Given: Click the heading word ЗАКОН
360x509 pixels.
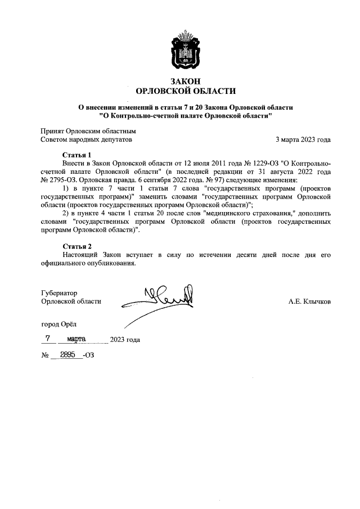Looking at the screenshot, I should pos(186,81).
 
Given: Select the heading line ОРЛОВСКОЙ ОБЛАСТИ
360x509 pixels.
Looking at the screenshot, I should pos(186,91).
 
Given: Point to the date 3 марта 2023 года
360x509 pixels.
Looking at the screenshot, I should pos(303,139).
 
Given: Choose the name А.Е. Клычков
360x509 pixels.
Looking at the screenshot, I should pos(309,301).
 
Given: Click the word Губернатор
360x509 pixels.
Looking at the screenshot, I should pos(59,292).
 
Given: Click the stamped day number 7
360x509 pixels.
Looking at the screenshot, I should pos(48,339).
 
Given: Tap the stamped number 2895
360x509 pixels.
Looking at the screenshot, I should pos(67,355).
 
